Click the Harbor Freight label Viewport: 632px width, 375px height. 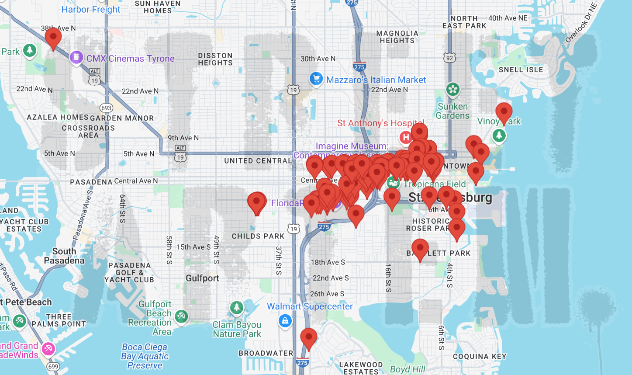point(91,9)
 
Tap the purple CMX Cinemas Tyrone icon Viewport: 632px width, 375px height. point(76,57)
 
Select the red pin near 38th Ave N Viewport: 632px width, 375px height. point(53,38)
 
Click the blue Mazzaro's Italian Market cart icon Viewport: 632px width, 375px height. point(316,79)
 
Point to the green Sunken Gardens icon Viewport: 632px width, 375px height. point(453,90)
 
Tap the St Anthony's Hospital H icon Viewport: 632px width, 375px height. point(406,137)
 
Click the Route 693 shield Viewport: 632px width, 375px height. point(106,108)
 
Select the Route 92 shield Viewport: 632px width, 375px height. point(449,58)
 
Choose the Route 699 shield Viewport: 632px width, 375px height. point(53,366)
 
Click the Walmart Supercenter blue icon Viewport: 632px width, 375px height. point(285,321)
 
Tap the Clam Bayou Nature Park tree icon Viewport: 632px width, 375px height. point(237,308)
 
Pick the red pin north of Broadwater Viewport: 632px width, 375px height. point(309,338)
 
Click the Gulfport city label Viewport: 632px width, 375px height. point(202,278)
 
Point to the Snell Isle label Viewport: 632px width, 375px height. point(521,69)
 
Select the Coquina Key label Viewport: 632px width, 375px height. point(480,356)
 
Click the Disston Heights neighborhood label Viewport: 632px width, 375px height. point(215,59)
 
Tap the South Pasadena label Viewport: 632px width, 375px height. point(64,256)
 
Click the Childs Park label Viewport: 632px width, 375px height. point(258,236)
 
